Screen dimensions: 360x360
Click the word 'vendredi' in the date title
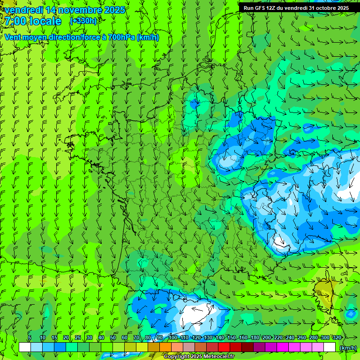23,10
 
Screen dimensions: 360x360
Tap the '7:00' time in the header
17,21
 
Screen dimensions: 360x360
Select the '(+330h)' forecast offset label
83,21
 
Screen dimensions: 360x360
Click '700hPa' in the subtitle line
121,37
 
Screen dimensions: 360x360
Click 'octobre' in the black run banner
324,8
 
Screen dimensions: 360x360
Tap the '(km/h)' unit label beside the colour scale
347,347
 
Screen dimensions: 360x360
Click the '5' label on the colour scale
30,338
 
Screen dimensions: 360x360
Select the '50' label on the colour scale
112,338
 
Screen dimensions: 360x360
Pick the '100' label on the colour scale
173,338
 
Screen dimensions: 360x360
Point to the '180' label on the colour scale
255,338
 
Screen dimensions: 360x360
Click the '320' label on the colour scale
337,338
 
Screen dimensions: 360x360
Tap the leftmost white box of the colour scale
24,347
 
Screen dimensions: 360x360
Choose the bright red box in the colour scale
224,347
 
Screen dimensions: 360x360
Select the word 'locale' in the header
45,21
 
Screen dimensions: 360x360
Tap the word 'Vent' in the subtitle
14,37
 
